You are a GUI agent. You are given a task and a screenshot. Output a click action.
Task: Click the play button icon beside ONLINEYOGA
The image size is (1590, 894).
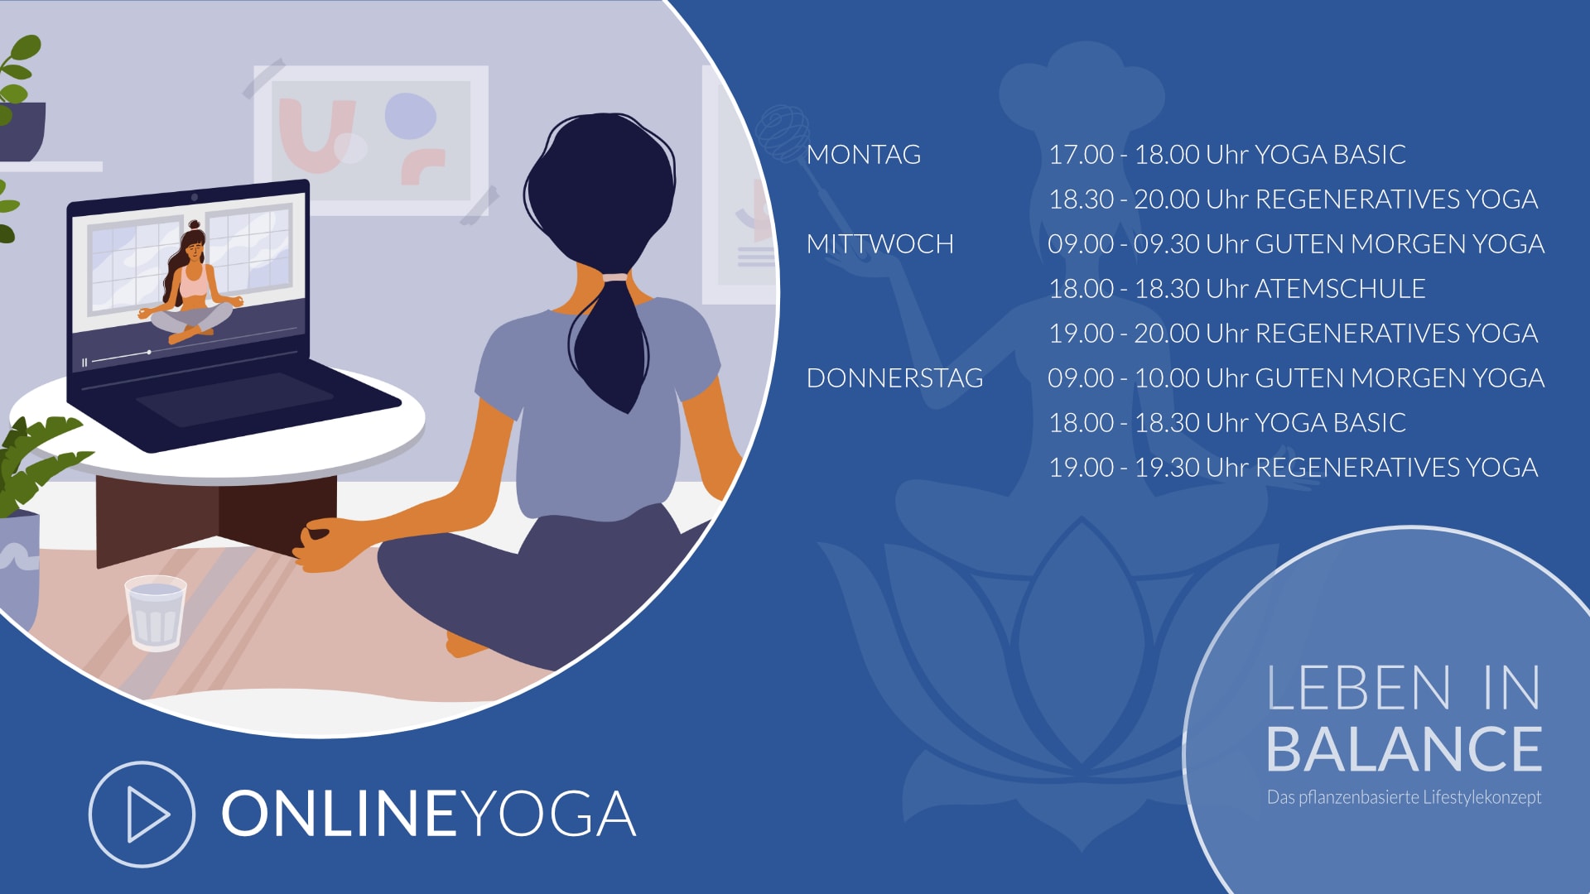pos(142,815)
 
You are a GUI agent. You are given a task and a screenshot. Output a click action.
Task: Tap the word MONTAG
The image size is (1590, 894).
pos(864,155)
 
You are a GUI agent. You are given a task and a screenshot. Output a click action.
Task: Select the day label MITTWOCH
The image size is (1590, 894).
pos(880,244)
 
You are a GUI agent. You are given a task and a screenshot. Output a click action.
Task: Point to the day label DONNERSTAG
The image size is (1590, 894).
pos(895,378)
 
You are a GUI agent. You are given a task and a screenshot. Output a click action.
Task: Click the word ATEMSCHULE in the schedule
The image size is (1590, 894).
pos(1340,289)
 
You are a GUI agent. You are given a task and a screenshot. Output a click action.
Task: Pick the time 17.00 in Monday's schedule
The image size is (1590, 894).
pos(1082,155)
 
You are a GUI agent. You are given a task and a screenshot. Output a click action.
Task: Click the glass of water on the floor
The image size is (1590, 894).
pos(155,613)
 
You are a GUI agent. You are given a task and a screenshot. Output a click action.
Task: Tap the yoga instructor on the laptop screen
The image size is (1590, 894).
pos(192,281)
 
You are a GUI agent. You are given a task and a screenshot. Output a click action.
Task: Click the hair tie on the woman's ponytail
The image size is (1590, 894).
pos(615,277)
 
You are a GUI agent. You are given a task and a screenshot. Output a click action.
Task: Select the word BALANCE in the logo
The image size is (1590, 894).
pos(1404,750)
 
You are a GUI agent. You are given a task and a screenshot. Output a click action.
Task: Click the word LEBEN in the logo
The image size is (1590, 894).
pos(1359,688)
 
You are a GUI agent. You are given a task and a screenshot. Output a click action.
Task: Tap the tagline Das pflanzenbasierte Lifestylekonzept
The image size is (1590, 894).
pos(1404,797)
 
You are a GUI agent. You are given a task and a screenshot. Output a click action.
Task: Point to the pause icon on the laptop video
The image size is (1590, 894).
pos(84,363)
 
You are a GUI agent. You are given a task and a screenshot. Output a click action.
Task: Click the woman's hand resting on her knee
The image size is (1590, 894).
pos(327,545)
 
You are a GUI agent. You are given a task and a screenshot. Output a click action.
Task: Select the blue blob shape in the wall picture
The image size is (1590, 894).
pos(411,116)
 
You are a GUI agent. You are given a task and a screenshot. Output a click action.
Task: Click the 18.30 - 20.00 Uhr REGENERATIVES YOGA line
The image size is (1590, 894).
pos(1293,199)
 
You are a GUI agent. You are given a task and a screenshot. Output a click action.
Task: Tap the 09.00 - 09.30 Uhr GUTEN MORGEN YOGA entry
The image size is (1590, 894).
pos(1296,244)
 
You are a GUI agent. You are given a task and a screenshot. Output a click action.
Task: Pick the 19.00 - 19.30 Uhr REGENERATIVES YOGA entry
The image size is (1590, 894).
pos(1293,468)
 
